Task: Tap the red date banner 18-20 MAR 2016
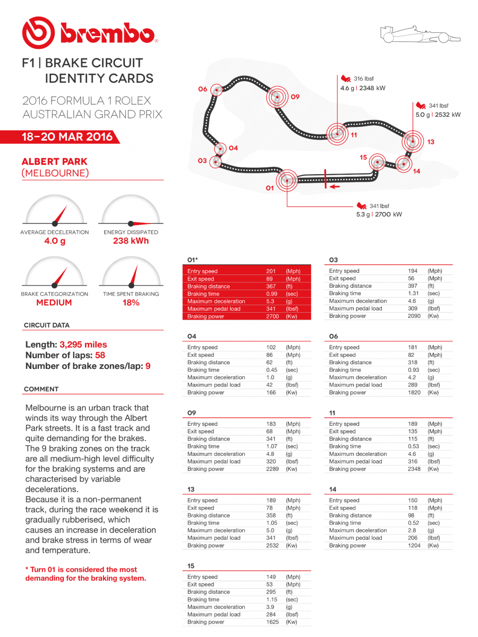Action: [x=67, y=137]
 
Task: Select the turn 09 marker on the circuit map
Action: [x=276, y=97]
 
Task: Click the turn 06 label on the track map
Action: [x=202, y=89]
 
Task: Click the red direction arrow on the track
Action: [x=335, y=187]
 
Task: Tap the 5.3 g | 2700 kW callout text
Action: [x=379, y=214]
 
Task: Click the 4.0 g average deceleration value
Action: [x=54, y=241]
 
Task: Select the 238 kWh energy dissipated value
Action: [x=131, y=241]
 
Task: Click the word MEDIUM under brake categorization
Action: [x=54, y=303]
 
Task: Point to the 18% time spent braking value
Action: [x=131, y=303]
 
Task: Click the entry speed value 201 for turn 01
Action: [x=271, y=271]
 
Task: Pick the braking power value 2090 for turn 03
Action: [x=414, y=316]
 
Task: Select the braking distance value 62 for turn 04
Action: [x=269, y=363]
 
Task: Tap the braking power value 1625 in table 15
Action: [x=272, y=622]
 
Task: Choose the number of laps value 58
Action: [x=100, y=355]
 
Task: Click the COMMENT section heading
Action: [x=41, y=389]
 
